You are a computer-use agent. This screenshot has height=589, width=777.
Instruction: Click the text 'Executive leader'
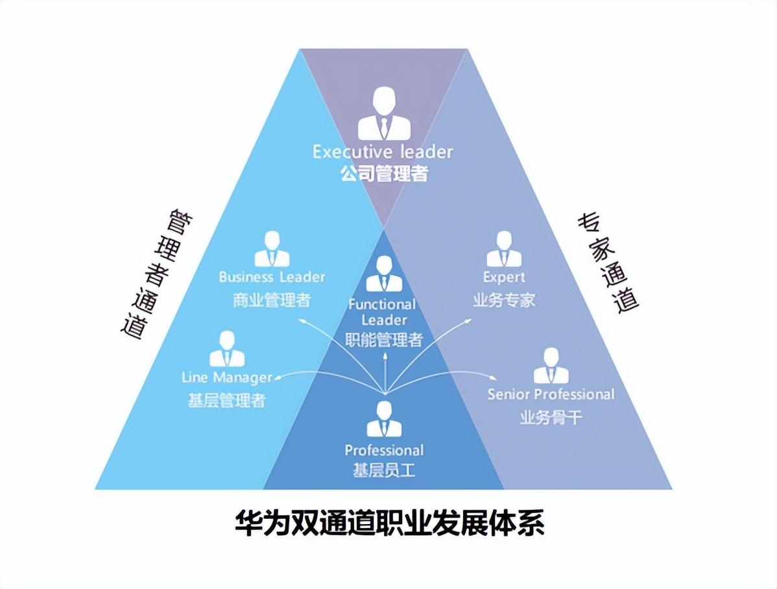point(383,152)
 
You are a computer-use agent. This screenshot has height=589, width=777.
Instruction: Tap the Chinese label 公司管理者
point(384,173)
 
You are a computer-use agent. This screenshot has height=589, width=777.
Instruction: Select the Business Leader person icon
point(272,250)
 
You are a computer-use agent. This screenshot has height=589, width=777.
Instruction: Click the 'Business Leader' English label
point(272,277)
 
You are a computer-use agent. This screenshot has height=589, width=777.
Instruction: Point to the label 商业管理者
point(272,300)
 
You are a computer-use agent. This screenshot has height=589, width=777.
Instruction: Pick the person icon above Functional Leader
point(384,274)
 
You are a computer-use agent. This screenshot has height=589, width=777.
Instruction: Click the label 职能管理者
point(384,339)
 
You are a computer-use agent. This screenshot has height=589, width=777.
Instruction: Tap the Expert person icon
point(504,250)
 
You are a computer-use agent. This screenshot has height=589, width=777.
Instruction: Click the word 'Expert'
point(504,277)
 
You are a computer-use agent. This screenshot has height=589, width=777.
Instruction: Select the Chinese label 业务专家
point(504,300)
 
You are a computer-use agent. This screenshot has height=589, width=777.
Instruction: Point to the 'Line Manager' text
point(227,378)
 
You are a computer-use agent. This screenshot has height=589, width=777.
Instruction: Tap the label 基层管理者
point(227,400)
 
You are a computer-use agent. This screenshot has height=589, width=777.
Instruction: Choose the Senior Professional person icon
point(551,366)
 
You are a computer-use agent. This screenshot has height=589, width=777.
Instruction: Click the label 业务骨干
point(551,417)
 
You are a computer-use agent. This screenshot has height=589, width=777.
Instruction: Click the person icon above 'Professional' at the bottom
point(384,420)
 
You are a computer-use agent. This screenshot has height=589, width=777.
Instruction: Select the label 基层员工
point(384,470)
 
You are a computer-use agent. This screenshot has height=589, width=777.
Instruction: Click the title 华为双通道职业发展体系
point(389,523)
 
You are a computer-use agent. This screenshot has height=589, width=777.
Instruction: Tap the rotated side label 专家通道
point(608,263)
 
